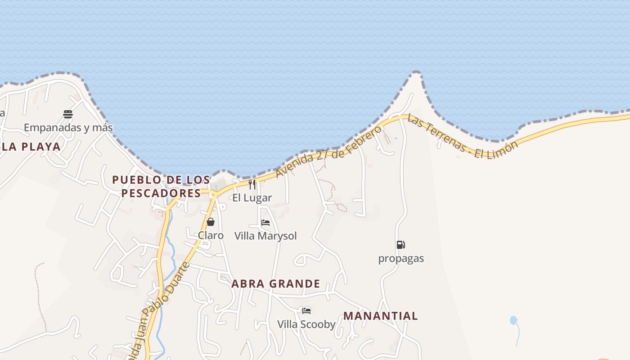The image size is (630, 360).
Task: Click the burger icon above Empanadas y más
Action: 68,114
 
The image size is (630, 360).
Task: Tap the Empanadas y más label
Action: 68,128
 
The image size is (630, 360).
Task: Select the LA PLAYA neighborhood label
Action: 31,147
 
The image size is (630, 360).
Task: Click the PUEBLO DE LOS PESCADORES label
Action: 161,186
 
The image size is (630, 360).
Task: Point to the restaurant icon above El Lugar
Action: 252,184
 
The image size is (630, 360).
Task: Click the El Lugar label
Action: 252,198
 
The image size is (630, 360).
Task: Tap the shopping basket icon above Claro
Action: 210,222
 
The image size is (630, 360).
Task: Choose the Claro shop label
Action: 211,235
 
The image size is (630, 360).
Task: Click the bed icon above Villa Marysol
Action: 265,222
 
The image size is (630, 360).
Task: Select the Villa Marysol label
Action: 265,236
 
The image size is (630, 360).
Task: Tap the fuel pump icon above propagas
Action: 400,245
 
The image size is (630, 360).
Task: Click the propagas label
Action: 401,259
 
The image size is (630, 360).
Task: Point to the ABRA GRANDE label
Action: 276,284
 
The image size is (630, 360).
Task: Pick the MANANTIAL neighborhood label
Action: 381,316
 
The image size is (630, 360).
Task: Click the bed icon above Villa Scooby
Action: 306,310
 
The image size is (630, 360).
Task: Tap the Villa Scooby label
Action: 306,324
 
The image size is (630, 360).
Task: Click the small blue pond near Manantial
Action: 513,320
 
